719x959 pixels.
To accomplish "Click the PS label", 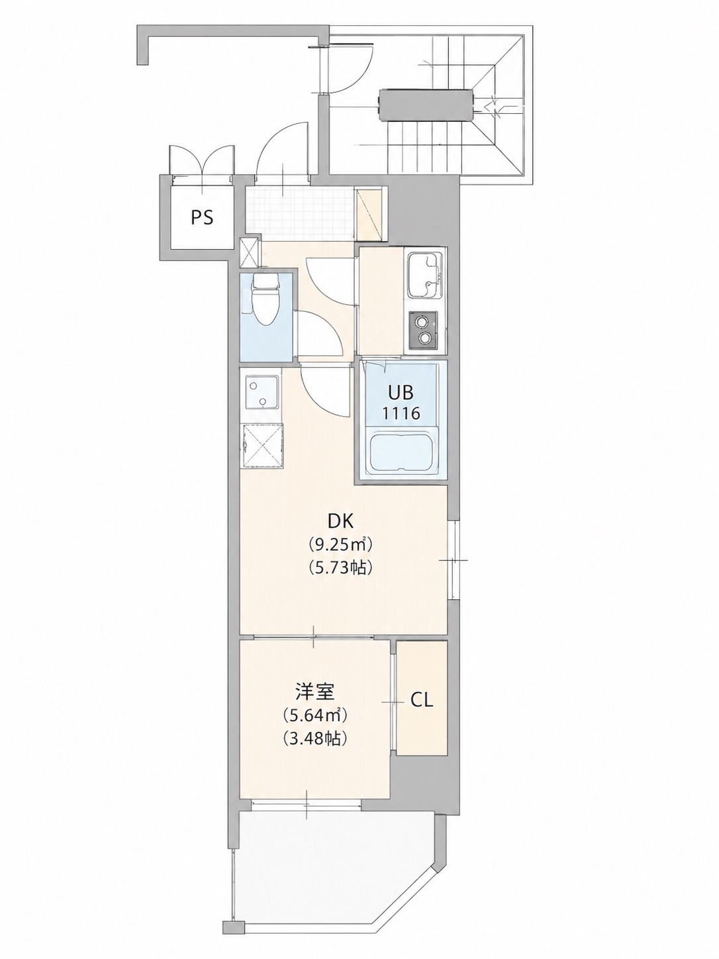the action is click(x=202, y=217).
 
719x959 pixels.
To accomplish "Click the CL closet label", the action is click(x=421, y=701).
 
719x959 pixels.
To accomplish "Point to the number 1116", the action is click(x=401, y=413).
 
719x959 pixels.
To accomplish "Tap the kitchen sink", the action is click(x=426, y=276).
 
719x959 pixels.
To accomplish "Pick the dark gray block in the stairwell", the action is click(x=426, y=105).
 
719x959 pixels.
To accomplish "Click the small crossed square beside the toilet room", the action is click(x=250, y=252).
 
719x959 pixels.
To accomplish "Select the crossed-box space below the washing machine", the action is click(x=262, y=446).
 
